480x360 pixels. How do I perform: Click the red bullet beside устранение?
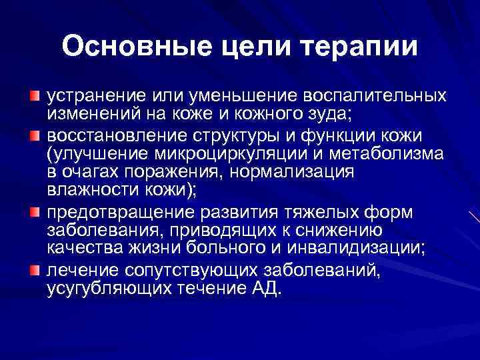(x=35, y=97)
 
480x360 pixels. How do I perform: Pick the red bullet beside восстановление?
(x=35, y=137)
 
